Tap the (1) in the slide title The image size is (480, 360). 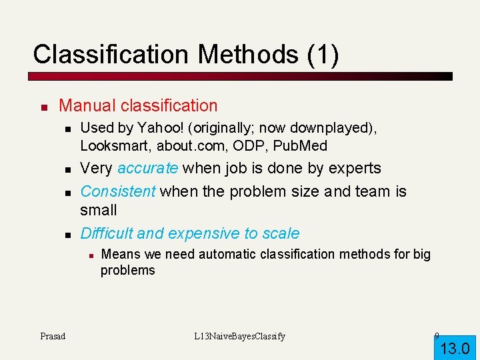(323, 54)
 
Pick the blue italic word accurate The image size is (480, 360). (147, 168)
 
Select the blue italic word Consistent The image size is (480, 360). (117, 191)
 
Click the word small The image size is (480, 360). (98, 210)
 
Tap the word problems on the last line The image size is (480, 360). (127, 270)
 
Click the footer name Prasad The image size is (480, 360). (53, 336)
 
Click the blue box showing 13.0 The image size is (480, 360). (455, 347)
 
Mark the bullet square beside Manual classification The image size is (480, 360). (43, 107)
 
